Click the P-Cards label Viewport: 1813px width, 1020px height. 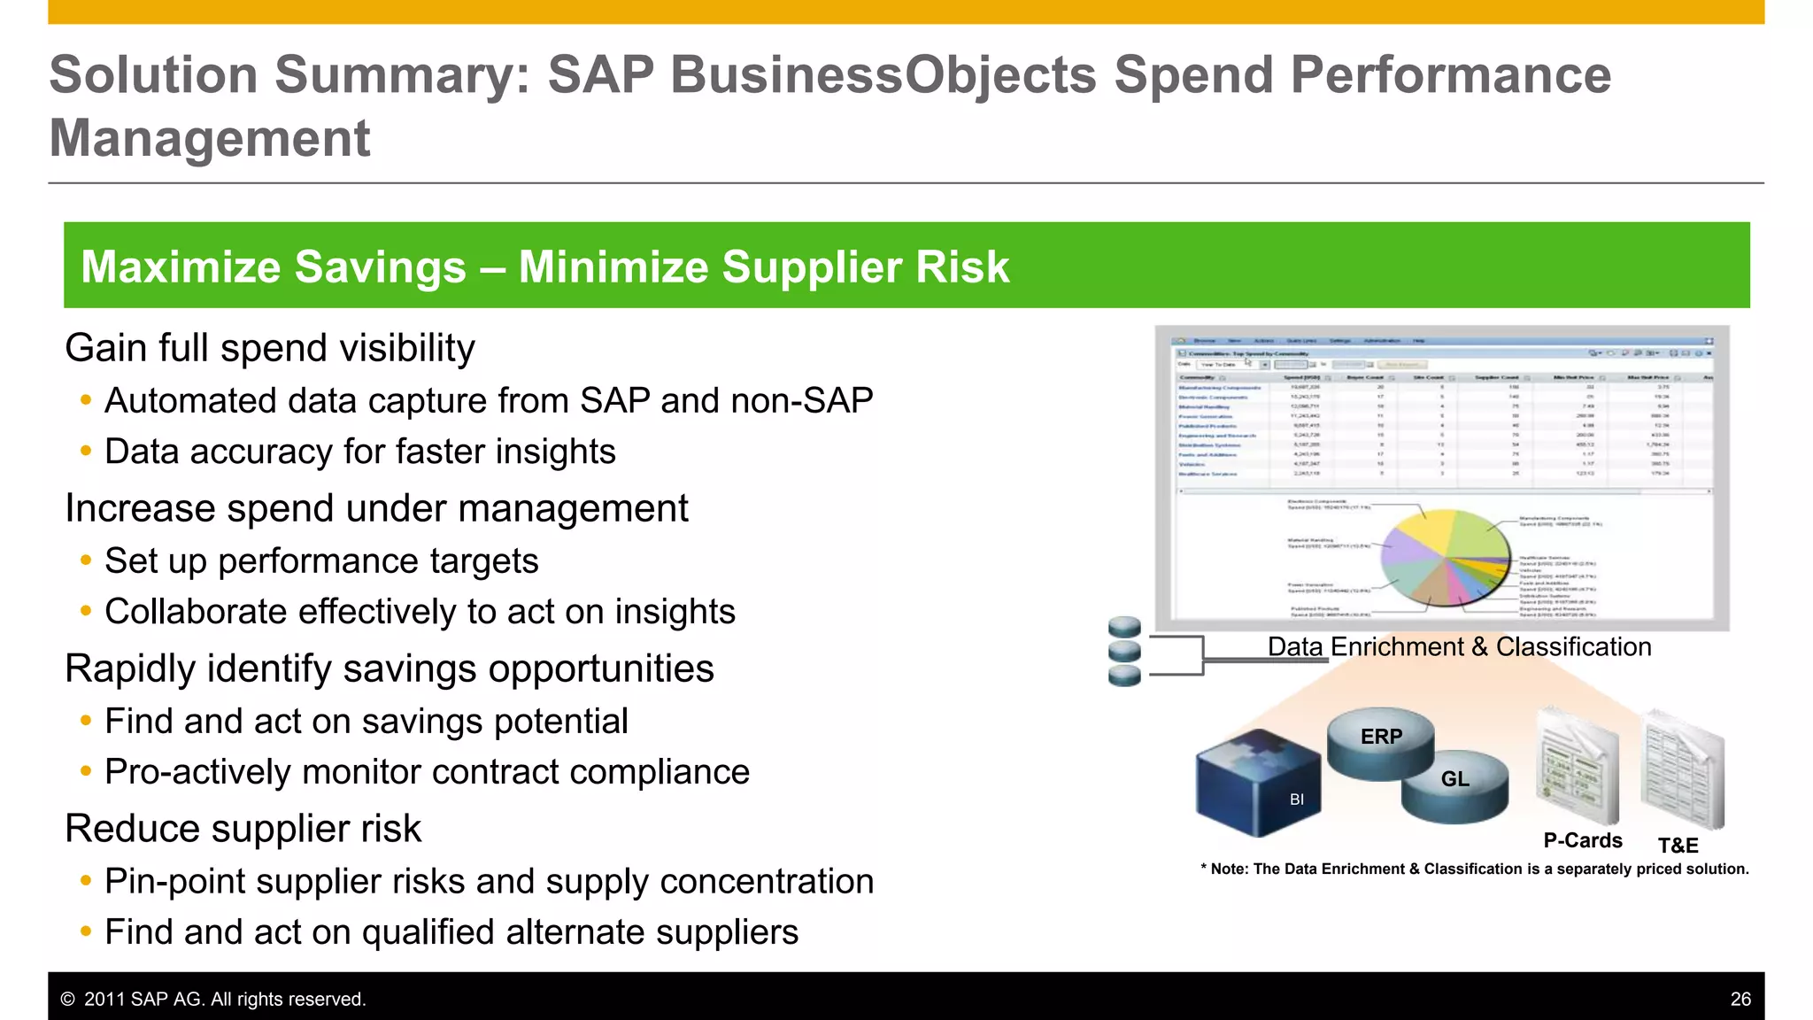tap(1583, 840)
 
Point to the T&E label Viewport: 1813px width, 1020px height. tap(1678, 846)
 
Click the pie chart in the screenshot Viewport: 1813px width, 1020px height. tap(1445, 558)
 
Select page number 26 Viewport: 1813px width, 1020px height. tap(1740, 999)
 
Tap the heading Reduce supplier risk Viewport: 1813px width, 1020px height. tap(243, 829)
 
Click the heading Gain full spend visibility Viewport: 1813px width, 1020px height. tap(269, 348)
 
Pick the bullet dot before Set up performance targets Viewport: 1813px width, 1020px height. tap(86, 560)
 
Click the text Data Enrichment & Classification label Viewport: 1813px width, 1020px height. tap(1459, 647)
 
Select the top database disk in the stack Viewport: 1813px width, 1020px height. tap(1124, 628)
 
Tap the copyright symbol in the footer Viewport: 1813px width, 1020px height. tap(67, 999)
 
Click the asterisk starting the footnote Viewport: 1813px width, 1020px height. tap(1204, 869)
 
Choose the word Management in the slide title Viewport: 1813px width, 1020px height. tap(210, 138)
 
